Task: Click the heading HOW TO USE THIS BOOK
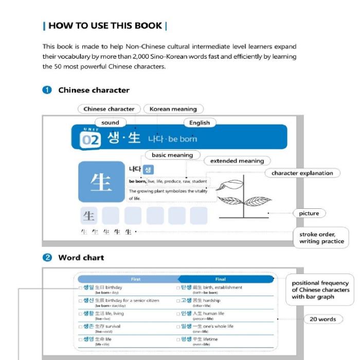tap(105, 26)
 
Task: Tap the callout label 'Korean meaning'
tap(173, 109)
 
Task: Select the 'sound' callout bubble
tap(110, 122)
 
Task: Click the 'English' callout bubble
tap(200, 122)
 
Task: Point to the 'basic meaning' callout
tap(172, 155)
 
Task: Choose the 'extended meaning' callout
tap(237, 161)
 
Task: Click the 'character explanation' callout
tap(302, 173)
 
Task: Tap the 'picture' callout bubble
tap(309, 213)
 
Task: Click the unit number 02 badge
tap(91, 139)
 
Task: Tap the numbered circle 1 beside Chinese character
tap(47, 90)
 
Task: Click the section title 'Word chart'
tap(81, 258)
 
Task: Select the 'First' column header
tap(135, 279)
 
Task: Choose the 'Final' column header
tap(220, 279)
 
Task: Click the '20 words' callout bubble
tap(322, 319)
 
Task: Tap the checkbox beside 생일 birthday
tap(80, 287)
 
